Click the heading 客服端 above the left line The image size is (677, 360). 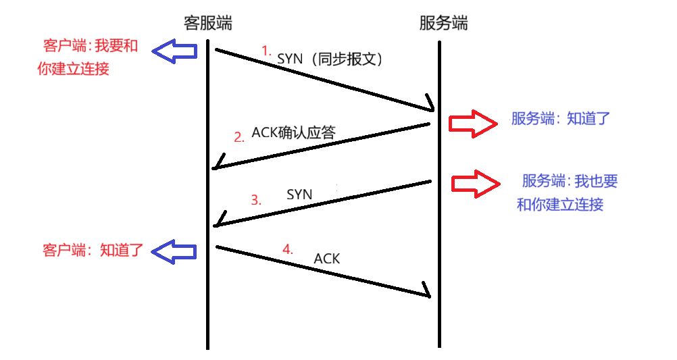point(207,23)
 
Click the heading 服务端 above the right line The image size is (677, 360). point(443,23)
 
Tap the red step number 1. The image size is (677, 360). point(266,50)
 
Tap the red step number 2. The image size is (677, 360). point(239,137)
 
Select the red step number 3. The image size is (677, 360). point(255,200)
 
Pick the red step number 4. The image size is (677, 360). point(288,249)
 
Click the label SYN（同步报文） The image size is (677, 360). point(330,59)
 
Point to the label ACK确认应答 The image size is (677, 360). point(293,132)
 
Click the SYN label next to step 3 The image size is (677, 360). point(299,195)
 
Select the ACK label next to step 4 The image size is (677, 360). point(327,258)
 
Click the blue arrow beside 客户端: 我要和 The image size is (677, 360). point(174,51)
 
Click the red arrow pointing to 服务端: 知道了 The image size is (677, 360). point(472,124)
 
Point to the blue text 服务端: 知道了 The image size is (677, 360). point(560,119)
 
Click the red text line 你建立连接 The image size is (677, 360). point(74,68)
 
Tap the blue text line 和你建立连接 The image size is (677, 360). point(560,204)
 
